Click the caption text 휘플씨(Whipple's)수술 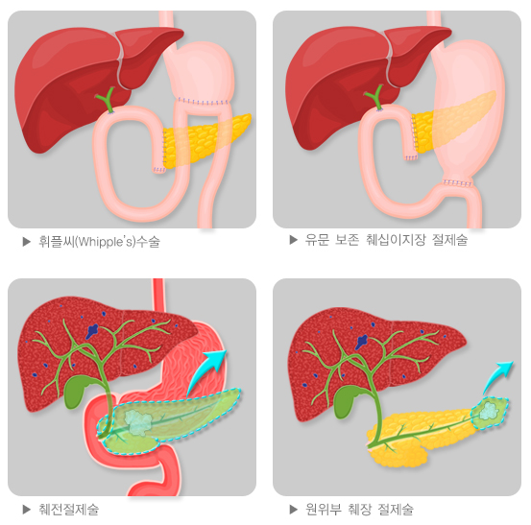[x=99, y=242]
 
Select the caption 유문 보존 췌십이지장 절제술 [x=386, y=240]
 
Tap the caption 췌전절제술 [x=69, y=510]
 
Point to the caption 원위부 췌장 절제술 [x=359, y=510]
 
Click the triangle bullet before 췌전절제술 [x=27, y=510]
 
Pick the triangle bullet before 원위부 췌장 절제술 [x=294, y=510]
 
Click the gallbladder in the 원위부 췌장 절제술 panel [x=346, y=402]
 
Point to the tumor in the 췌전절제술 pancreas [x=139, y=422]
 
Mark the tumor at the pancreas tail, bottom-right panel [x=488, y=411]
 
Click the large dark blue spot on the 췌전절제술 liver [x=92, y=331]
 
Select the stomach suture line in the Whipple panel [x=203, y=102]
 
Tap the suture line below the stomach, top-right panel [x=458, y=183]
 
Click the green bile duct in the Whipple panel [x=108, y=100]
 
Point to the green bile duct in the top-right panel [x=375, y=98]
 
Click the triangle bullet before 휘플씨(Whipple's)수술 [x=27, y=242]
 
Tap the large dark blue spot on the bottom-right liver [x=361, y=342]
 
